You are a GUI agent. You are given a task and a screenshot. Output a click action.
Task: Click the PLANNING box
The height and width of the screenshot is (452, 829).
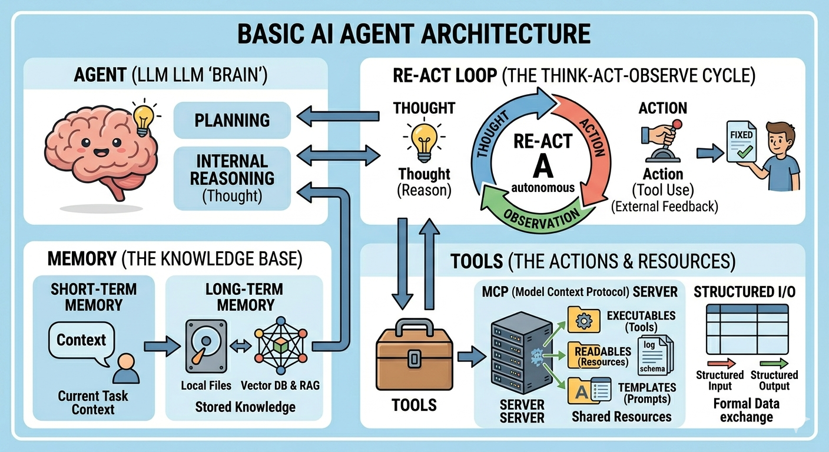tap(232, 120)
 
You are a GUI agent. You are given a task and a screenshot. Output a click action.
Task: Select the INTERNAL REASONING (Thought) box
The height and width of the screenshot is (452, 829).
tap(232, 178)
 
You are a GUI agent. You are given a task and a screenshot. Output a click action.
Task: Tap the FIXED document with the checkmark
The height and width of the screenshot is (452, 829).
tap(740, 141)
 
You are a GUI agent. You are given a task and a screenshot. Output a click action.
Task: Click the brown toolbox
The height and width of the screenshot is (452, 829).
tap(414, 355)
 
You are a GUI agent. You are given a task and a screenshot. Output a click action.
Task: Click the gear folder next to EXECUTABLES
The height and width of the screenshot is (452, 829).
tap(583, 320)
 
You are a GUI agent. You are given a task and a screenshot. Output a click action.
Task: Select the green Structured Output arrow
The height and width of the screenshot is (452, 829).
tap(774, 364)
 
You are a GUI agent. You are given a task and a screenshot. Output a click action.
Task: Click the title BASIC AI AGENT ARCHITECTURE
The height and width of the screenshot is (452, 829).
tap(414, 34)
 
